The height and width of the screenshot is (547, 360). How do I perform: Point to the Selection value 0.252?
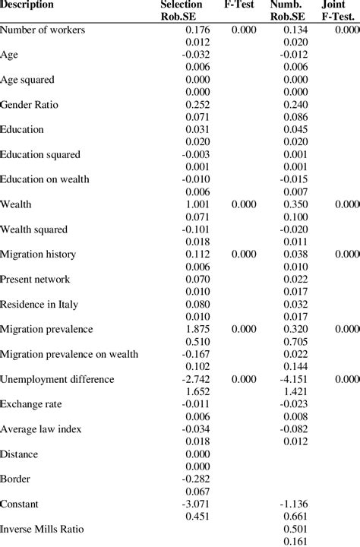coord(196,104)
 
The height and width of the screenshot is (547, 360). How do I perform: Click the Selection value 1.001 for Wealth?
coord(196,204)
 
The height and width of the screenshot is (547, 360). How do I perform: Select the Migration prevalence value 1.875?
coord(196,328)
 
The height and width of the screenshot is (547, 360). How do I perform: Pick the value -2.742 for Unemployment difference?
coord(194,378)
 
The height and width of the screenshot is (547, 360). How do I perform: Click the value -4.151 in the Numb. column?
coord(292,378)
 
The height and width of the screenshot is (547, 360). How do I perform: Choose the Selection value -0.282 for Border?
coord(194,478)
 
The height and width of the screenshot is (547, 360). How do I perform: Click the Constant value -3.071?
coord(194,503)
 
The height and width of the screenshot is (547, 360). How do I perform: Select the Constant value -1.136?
coord(292,503)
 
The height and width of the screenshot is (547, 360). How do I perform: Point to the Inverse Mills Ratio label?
coord(43,528)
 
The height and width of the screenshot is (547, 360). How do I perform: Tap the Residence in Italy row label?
coord(39,304)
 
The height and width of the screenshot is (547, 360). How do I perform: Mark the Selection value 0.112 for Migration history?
coord(196,254)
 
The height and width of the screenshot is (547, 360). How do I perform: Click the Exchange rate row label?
coord(31,403)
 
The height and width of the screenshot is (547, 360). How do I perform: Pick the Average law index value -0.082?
coord(292,428)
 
